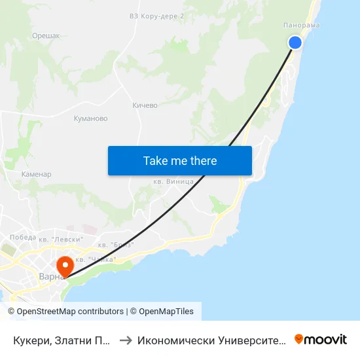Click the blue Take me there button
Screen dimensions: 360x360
click(x=180, y=160)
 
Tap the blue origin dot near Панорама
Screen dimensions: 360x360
click(x=295, y=43)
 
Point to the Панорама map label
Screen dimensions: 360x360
click(x=302, y=26)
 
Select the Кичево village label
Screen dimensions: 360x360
click(x=145, y=105)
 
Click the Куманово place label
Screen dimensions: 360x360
click(x=91, y=118)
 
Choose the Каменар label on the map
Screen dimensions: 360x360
click(x=36, y=175)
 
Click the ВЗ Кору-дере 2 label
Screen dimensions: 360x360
click(x=156, y=16)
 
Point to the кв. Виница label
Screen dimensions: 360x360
click(x=172, y=181)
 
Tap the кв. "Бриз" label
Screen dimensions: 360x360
click(x=116, y=245)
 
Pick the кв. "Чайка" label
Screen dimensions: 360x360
click(x=96, y=259)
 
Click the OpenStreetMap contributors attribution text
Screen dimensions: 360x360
click(x=70, y=312)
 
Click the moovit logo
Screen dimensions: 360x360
click(x=321, y=339)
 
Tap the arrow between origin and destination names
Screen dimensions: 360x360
click(x=126, y=340)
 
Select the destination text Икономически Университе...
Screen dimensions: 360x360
click(x=211, y=340)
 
